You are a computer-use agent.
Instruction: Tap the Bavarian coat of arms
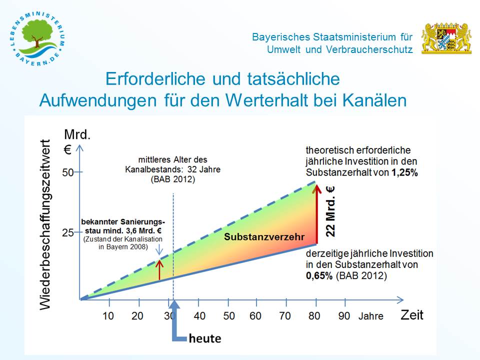click(446, 38)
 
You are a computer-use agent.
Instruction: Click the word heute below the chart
click(205, 338)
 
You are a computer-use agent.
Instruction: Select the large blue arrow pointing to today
click(175, 325)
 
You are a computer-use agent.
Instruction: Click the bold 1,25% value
click(405, 172)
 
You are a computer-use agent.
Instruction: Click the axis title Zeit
click(411, 314)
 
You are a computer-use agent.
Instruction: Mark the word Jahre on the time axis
click(370, 316)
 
